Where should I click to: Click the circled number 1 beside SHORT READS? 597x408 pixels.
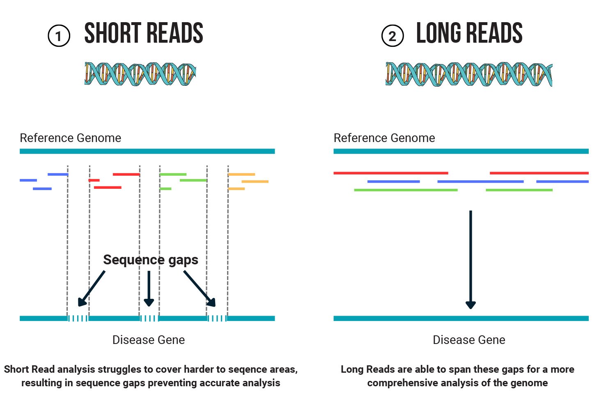(59, 36)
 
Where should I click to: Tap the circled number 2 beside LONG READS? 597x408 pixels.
(393, 36)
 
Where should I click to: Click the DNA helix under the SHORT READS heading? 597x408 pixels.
(140, 74)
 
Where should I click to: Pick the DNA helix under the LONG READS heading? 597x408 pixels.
(468, 74)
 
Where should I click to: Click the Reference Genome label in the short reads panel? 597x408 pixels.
(70, 138)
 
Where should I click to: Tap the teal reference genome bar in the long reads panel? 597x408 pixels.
(461, 151)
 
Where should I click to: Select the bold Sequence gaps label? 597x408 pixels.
(150, 260)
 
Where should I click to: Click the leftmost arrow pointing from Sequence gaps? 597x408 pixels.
(91, 289)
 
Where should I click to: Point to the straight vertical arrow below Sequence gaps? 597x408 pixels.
(149, 289)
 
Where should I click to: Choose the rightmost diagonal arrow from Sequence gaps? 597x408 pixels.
(200, 289)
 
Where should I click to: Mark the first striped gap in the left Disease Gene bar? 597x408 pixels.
(78, 319)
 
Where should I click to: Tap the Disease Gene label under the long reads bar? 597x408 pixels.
(469, 340)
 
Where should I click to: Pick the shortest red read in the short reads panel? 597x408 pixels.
(94, 180)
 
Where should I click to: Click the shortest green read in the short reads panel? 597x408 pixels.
(165, 189)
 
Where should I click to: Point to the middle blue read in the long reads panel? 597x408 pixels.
(480, 181)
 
